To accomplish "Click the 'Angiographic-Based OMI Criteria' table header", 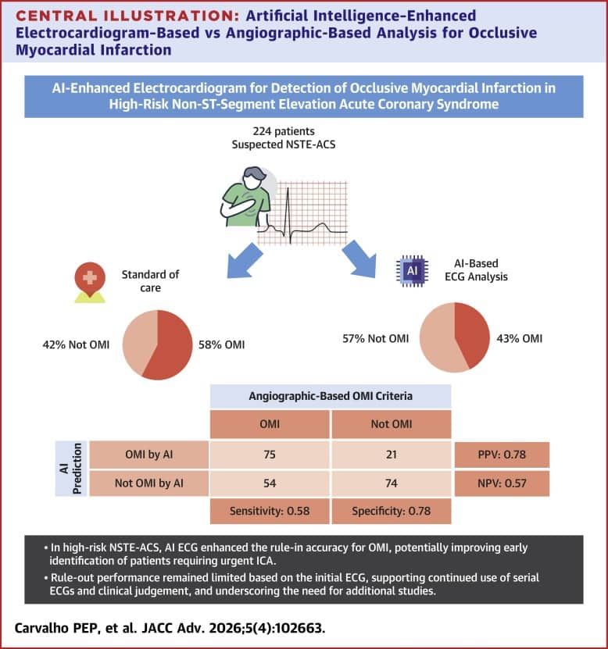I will click(x=331, y=395).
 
